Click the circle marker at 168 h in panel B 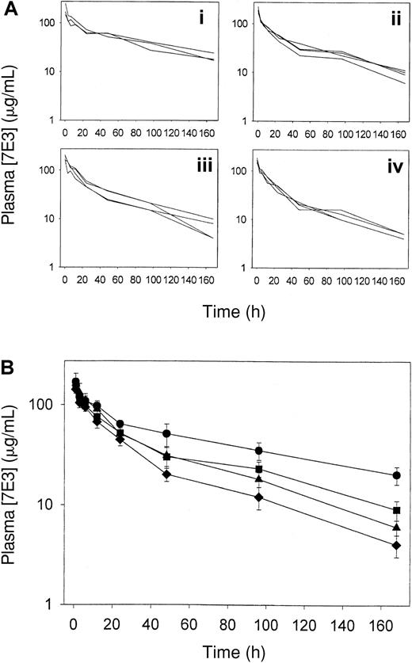coord(396,475)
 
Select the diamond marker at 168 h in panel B coord(396,545)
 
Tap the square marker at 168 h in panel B coord(396,510)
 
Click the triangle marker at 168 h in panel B coord(396,527)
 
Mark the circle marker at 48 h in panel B coord(166,433)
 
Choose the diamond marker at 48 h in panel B coord(166,474)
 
